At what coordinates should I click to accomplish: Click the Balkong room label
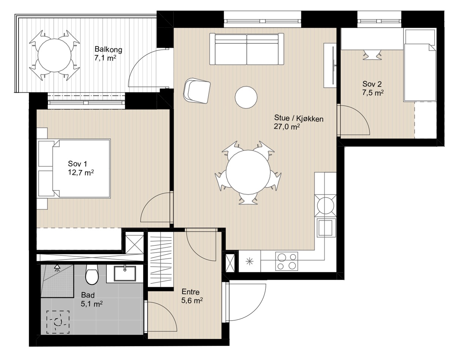pos(108,50)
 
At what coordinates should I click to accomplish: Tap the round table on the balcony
pos(54,55)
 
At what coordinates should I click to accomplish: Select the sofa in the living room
pos(246,49)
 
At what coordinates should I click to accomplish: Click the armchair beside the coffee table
pos(197,91)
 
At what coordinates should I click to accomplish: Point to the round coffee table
pos(246,97)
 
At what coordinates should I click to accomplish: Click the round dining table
pos(248,172)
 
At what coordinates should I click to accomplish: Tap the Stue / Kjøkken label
pos(298,118)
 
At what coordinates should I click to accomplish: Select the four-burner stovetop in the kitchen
pos(287,261)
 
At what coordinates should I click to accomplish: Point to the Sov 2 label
pos(372,84)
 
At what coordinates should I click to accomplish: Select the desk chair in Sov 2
pos(372,54)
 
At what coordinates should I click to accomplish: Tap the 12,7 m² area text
pos(81,173)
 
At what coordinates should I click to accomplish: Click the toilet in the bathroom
pos(92,274)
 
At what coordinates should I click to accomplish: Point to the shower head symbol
pos(56,268)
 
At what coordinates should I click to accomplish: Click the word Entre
pos(190,292)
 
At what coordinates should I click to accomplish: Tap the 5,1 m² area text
pos(91,304)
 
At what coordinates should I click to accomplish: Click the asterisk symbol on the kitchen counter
pos(250,262)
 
